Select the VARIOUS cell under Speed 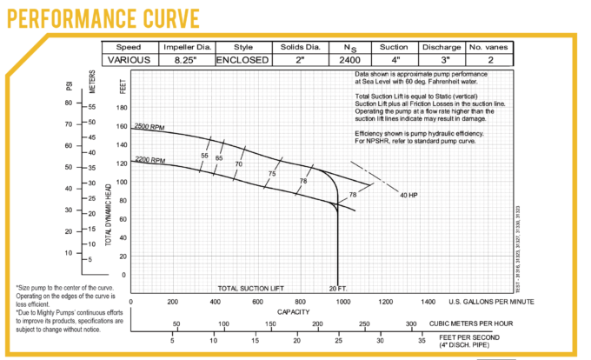[129, 60]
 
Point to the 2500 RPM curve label [149, 128]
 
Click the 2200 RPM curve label [149, 162]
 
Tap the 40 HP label [409, 195]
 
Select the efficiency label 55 [204, 156]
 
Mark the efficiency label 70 [238, 163]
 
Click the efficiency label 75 [272, 174]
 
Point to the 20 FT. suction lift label [338, 288]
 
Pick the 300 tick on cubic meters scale [411, 323]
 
